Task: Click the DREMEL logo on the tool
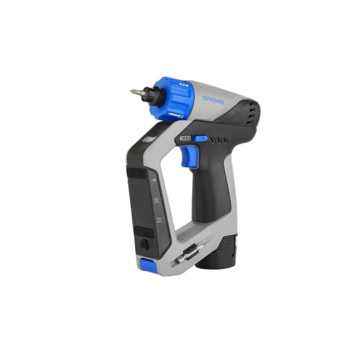(x=214, y=99)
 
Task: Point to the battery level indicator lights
(x=185, y=138)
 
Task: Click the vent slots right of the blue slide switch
(x=218, y=140)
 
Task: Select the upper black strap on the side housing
(x=137, y=173)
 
